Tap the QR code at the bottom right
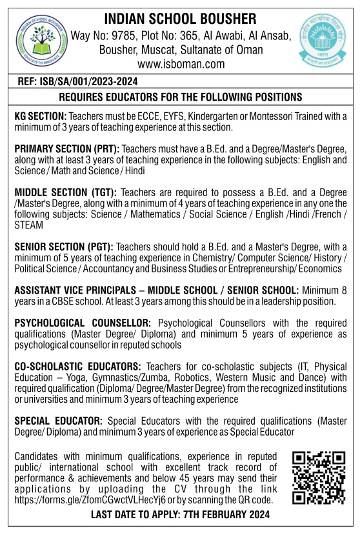tap(318, 478)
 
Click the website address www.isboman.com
tap(180, 64)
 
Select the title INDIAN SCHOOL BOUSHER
tap(180, 18)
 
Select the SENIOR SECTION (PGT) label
tap(64, 247)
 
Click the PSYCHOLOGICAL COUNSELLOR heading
tap(83, 321)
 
